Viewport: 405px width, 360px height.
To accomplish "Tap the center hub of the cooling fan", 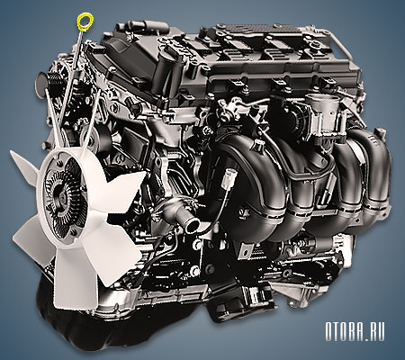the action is point(62,196).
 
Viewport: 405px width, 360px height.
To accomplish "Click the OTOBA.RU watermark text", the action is point(355,331).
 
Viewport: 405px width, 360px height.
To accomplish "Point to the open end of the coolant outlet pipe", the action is point(193,226).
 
